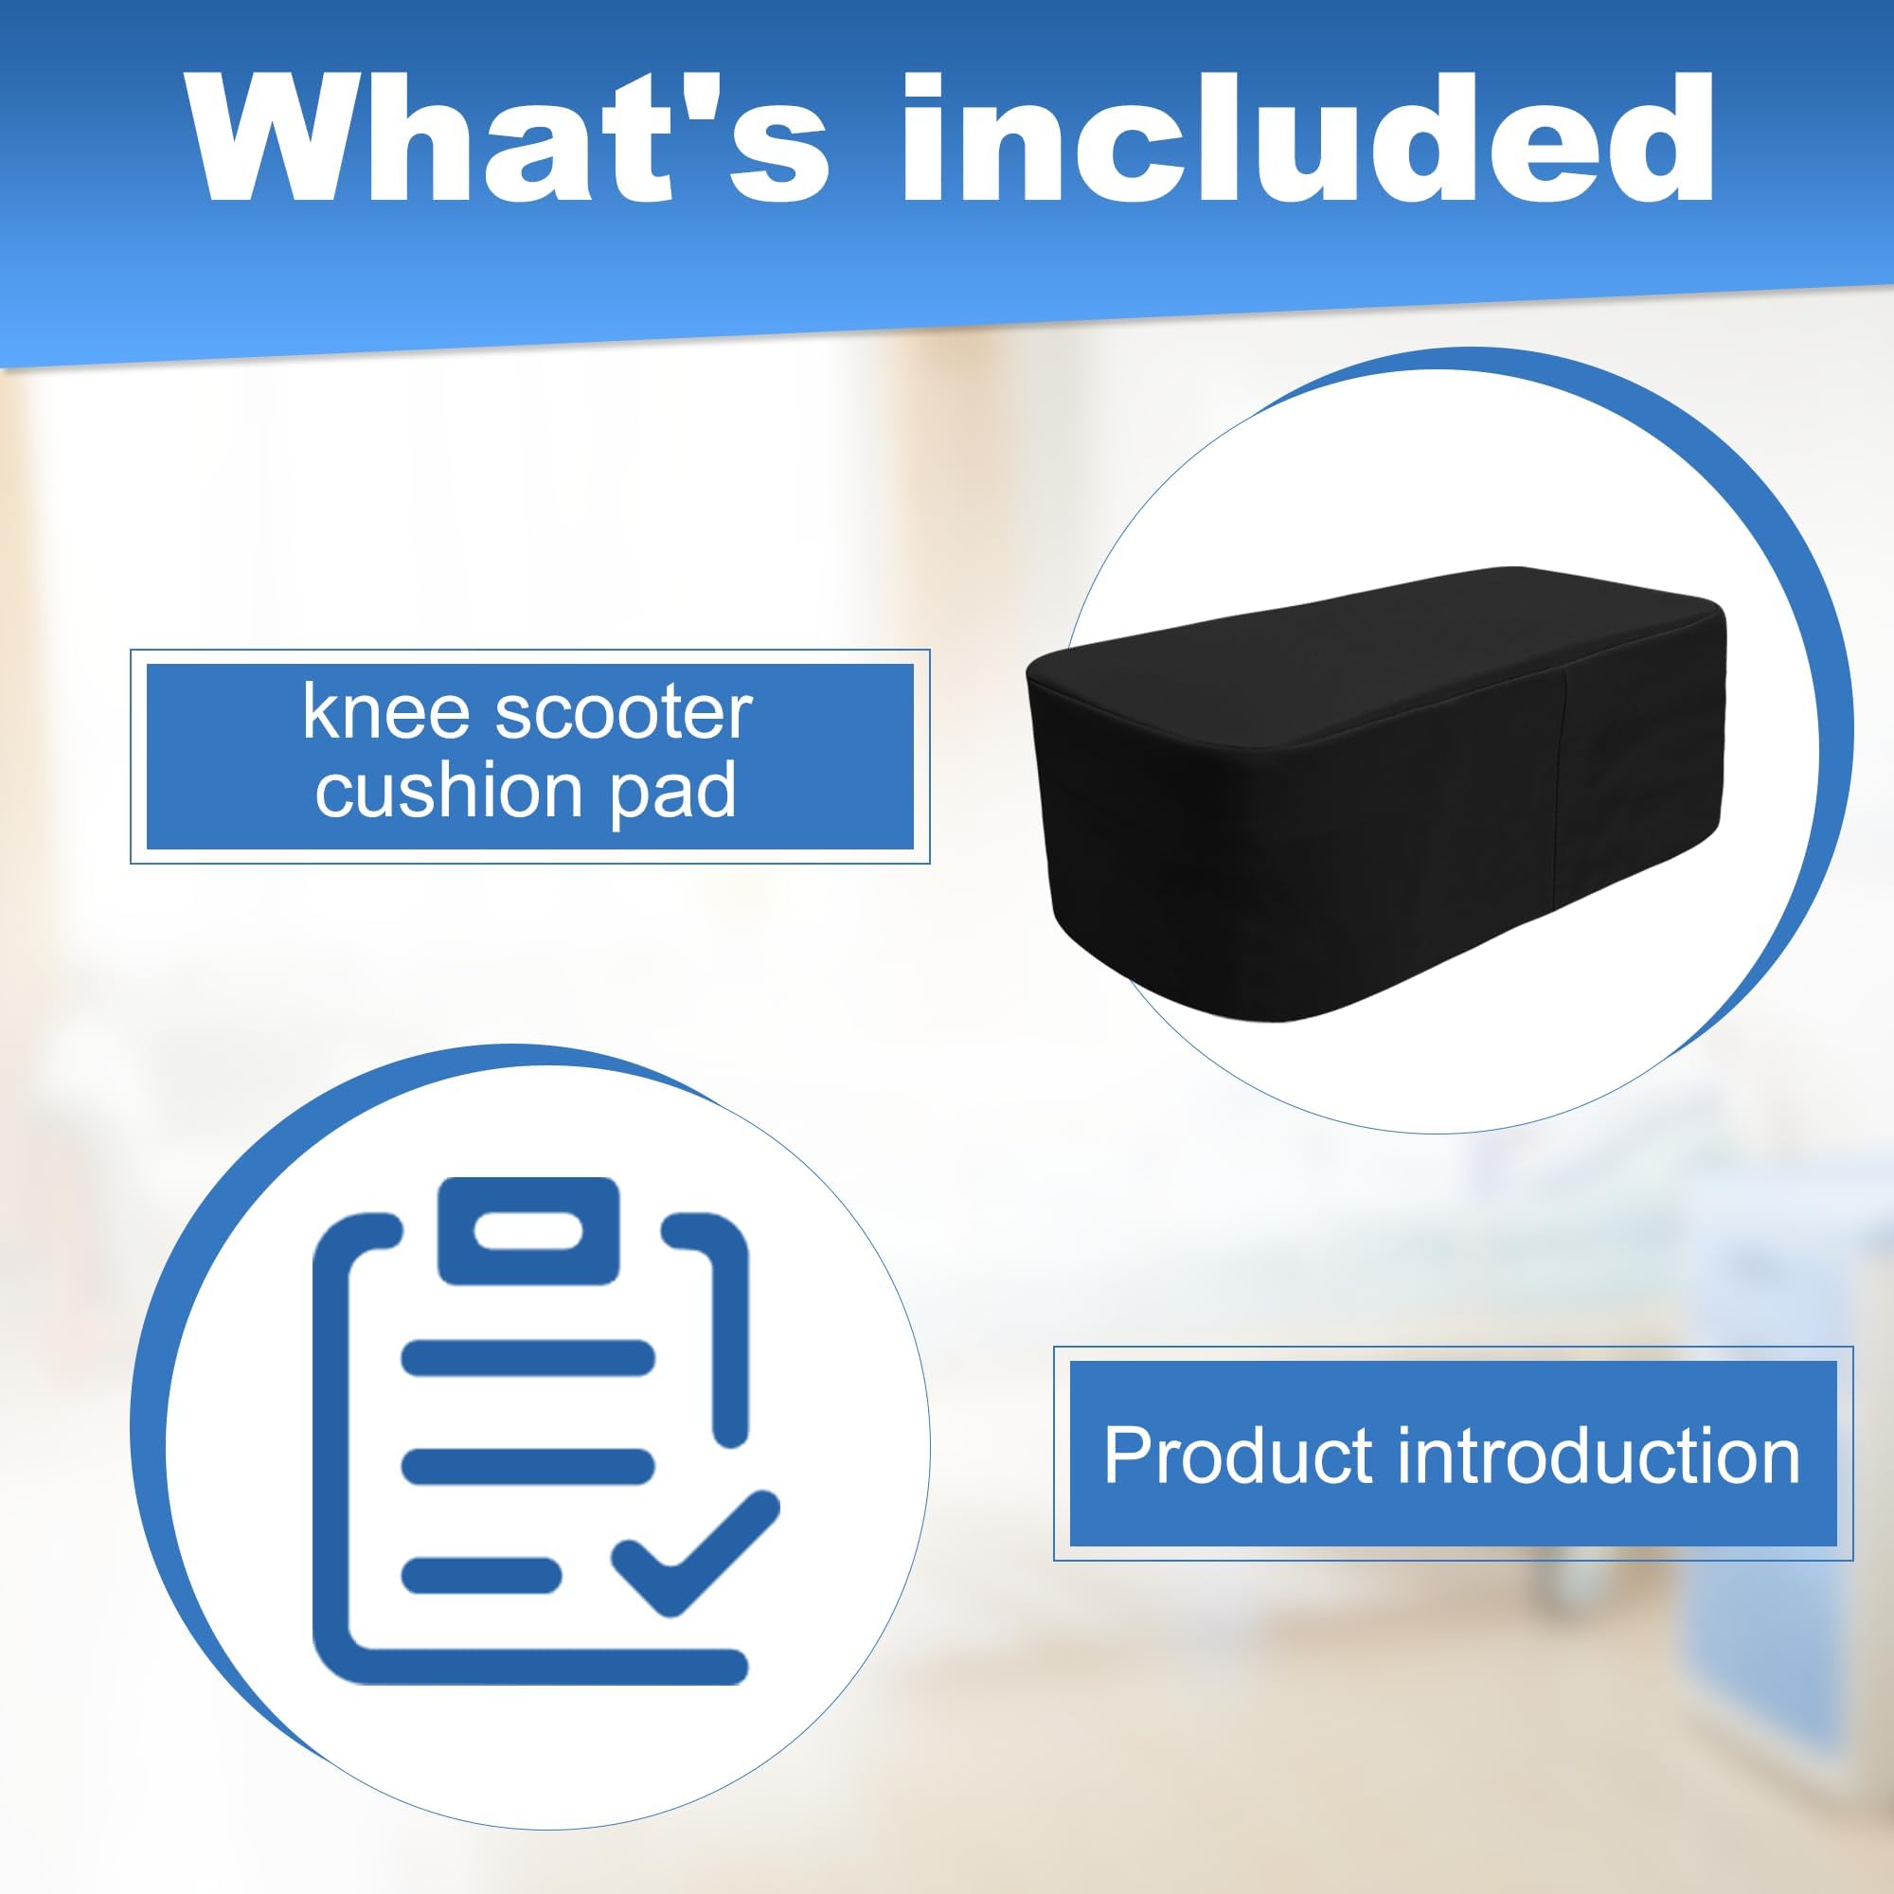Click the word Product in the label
(x=1237, y=1456)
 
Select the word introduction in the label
(x=1598, y=1456)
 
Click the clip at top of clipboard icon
(x=528, y=1229)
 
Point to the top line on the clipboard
(x=528, y=1359)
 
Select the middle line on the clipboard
(x=528, y=1467)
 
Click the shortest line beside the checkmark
(x=481, y=1576)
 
